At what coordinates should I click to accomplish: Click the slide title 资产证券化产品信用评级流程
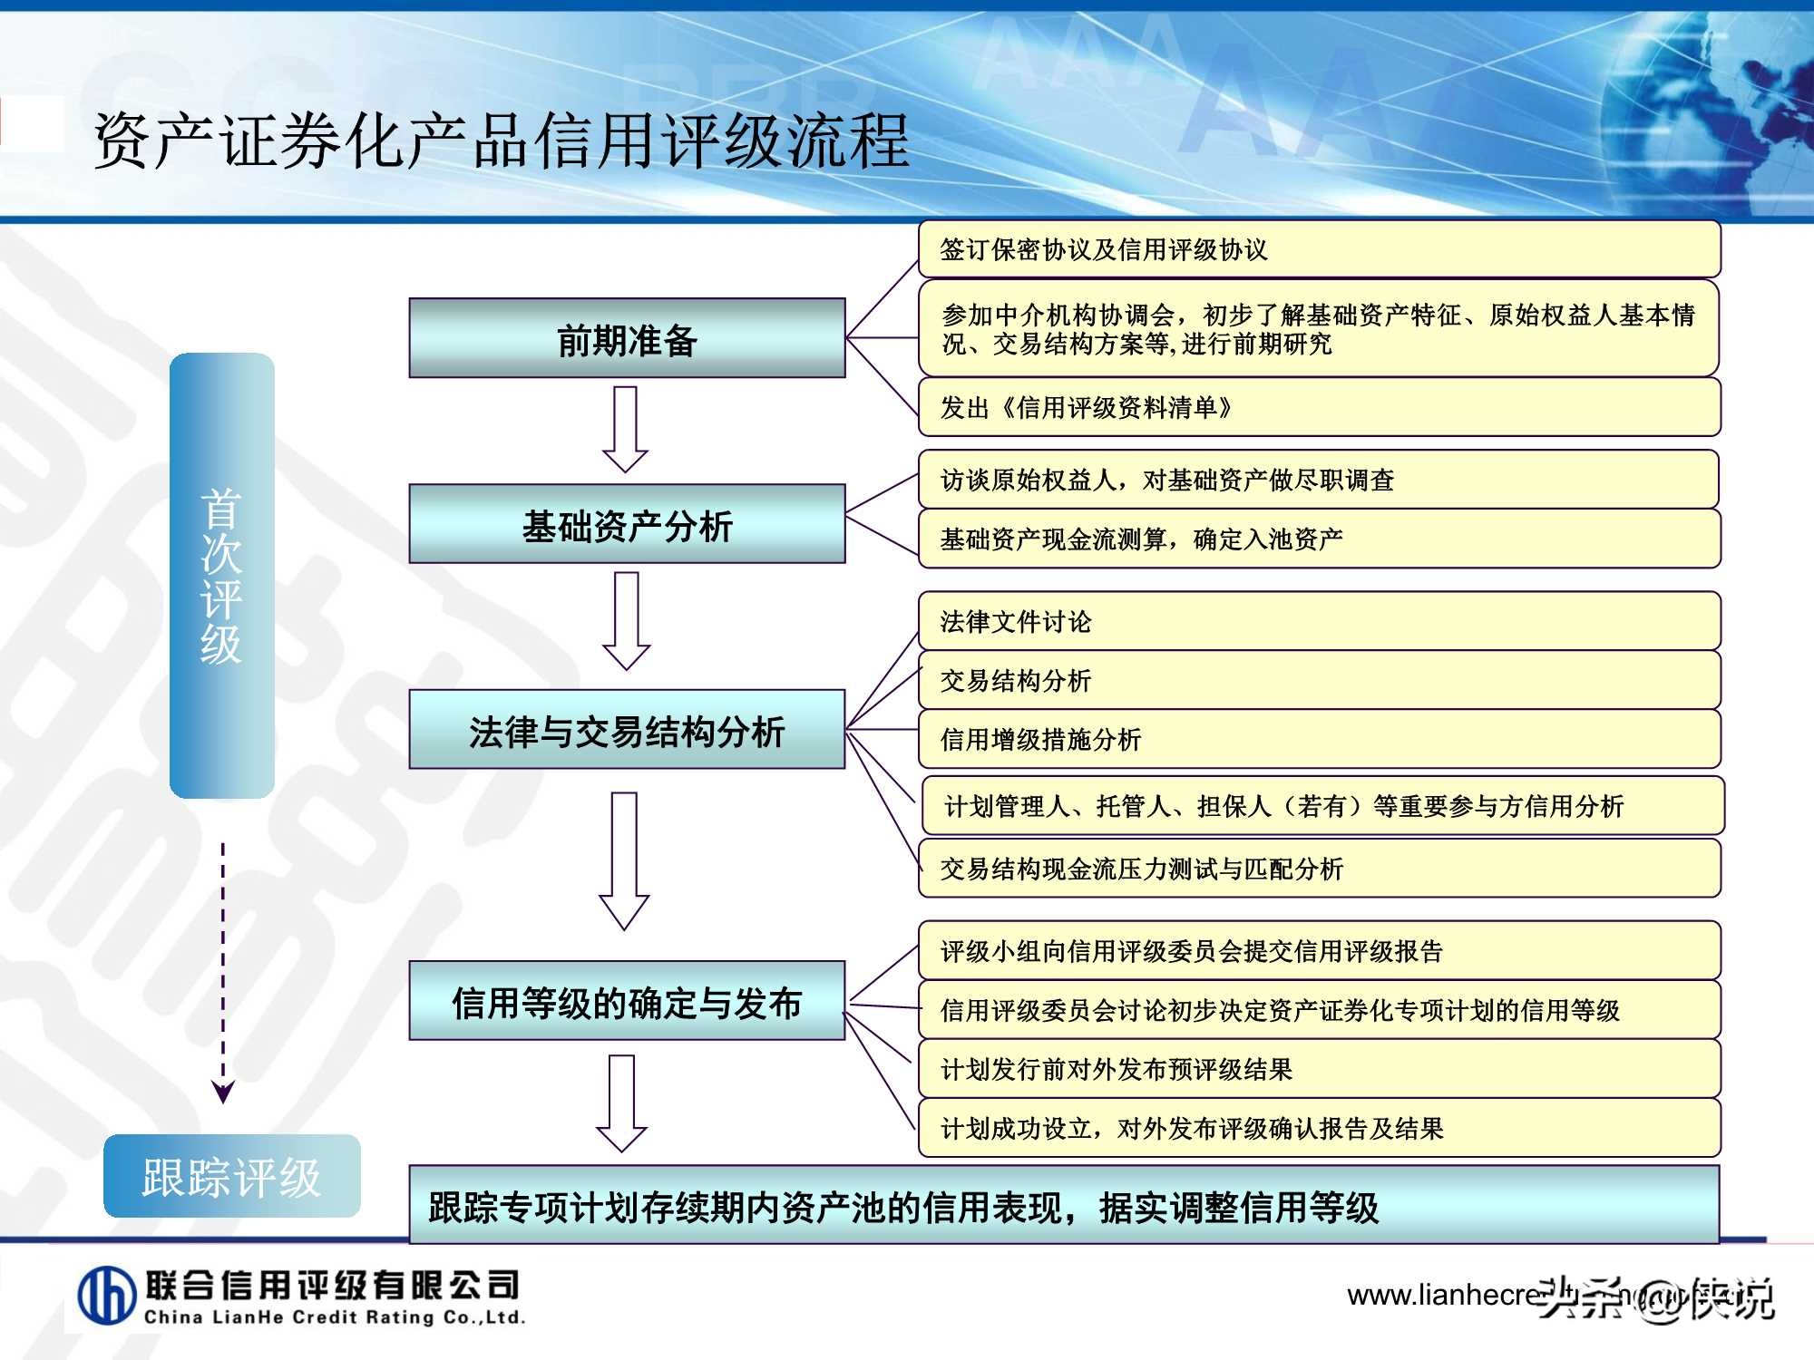(502, 141)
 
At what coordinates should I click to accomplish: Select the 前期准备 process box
(627, 338)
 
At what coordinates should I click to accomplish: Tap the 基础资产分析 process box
(627, 524)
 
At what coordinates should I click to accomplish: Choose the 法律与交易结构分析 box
(627, 730)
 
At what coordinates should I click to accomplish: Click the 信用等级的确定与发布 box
(627, 1001)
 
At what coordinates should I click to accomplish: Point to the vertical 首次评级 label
(222, 576)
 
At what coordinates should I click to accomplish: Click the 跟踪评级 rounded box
(231, 1176)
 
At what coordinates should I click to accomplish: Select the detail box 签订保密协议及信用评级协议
(1319, 249)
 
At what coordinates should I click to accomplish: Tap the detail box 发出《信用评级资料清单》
(1319, 407)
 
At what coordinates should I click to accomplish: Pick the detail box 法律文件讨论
(1319, 621)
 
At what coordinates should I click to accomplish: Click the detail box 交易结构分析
(1319, 680)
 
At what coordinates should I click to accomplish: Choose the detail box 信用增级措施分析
(1319, 739)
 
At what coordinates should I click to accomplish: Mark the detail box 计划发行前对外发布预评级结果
(1319, 1069)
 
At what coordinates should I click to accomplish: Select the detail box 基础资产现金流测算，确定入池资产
(1319, 539)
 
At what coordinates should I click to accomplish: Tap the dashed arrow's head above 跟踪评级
(223, 1091)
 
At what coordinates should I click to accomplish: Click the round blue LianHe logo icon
(107, 1296)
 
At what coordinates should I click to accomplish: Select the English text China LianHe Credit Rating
(334, 1317)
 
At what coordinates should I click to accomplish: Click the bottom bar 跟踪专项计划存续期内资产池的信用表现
(1063, 1207)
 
